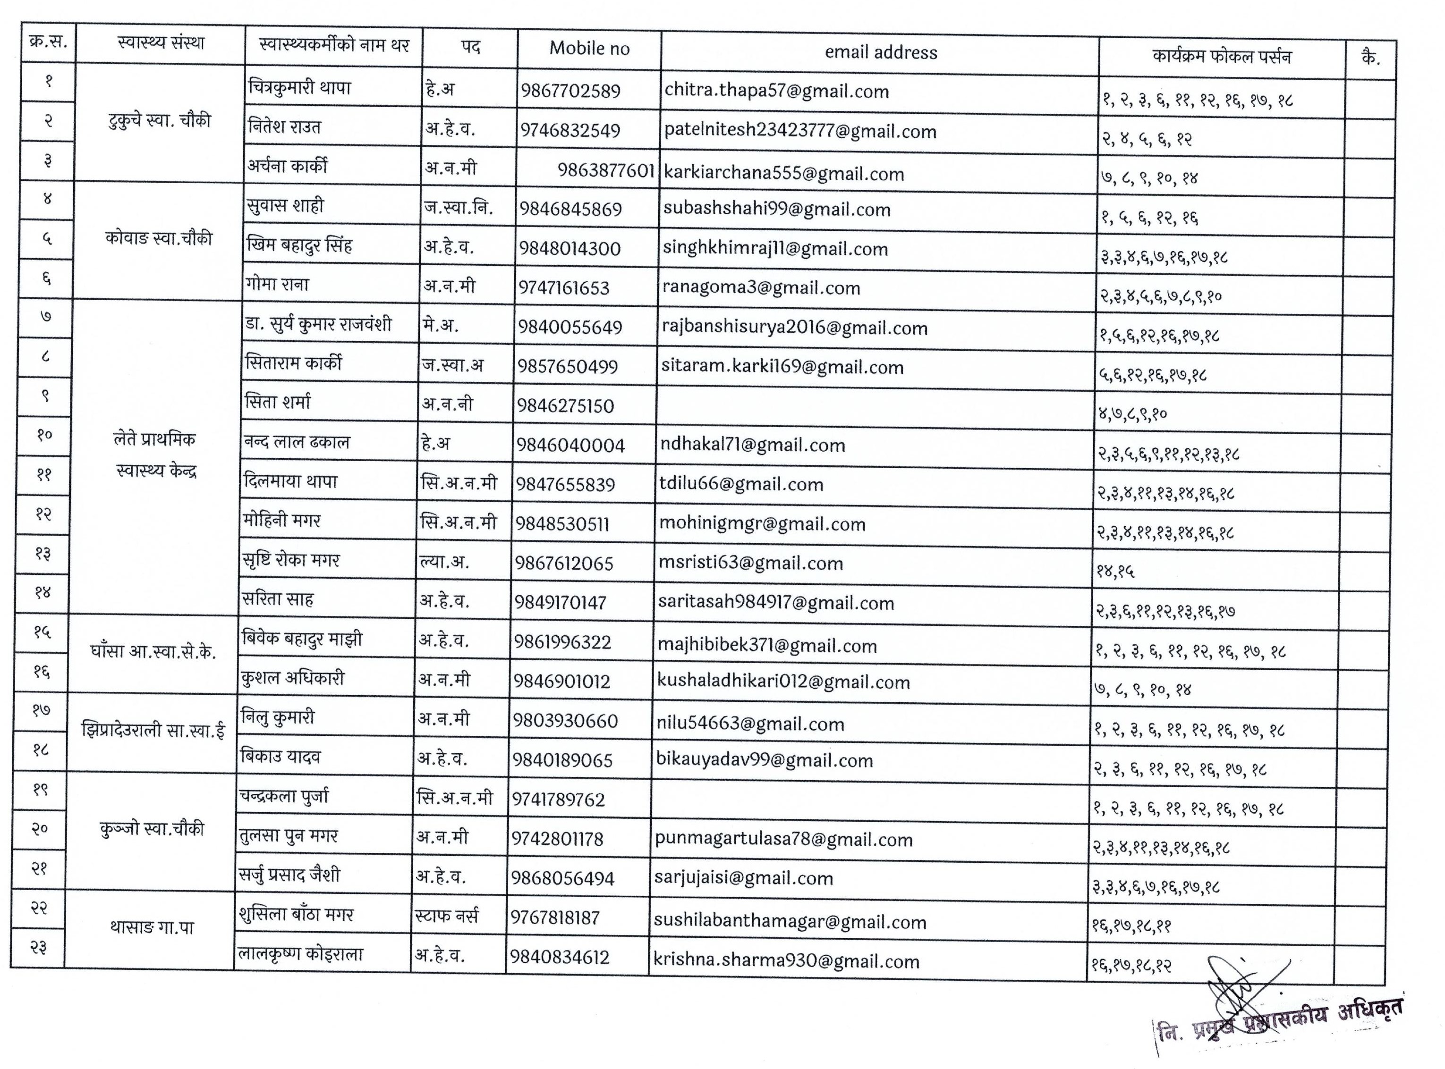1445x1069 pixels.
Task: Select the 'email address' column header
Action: click(881, 52)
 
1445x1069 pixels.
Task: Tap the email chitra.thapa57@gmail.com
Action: click(776, 91)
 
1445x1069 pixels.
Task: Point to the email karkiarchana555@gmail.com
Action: click(784, 173)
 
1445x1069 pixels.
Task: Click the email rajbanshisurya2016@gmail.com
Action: click(794, 328)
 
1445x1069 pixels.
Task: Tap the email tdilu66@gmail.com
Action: click(741, 484)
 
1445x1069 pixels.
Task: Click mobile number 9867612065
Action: click(564, 563)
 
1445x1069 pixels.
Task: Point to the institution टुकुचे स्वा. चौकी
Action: click(159, 121)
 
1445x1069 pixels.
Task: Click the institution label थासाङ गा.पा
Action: click(152, 928)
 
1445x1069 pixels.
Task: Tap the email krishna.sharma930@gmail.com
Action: click(786, 961)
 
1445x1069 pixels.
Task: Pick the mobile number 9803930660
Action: click(565, 721)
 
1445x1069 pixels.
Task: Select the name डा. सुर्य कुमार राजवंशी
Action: click(319, 324)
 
